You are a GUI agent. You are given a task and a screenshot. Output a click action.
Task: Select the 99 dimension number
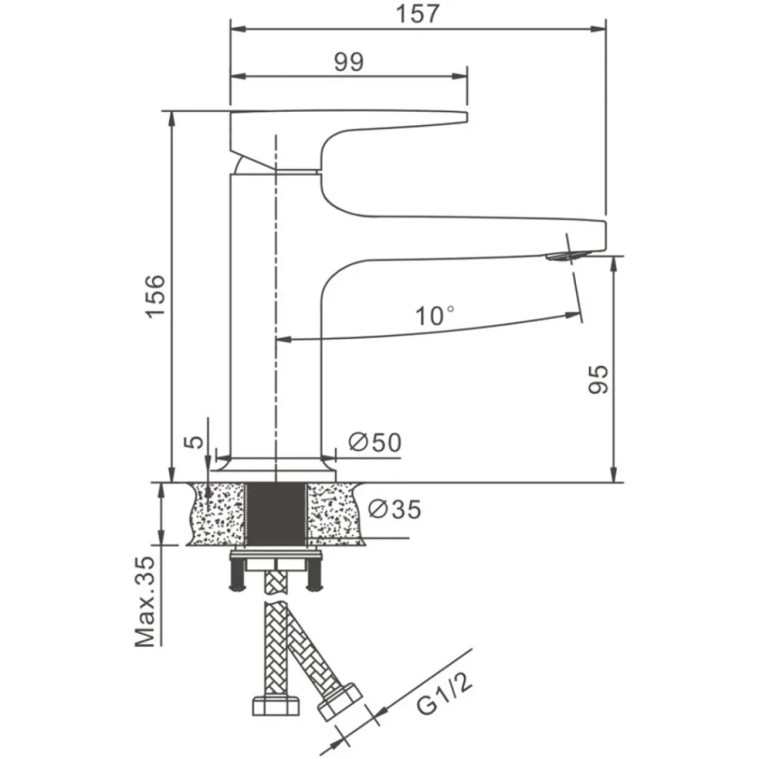pos(348,62)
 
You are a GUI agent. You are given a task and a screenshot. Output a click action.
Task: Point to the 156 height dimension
pos(156,296)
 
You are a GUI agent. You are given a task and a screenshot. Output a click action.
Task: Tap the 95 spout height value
pos(598,379)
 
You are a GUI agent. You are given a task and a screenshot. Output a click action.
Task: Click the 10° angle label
pos(435,315)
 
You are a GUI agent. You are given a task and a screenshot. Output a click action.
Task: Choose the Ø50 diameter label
pos(375,442)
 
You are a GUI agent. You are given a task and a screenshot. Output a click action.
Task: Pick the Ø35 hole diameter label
pos(394,509)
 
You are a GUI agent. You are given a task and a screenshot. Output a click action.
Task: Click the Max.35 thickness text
pos(146,602)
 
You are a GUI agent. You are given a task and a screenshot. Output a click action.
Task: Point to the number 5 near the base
pos(195,441)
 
